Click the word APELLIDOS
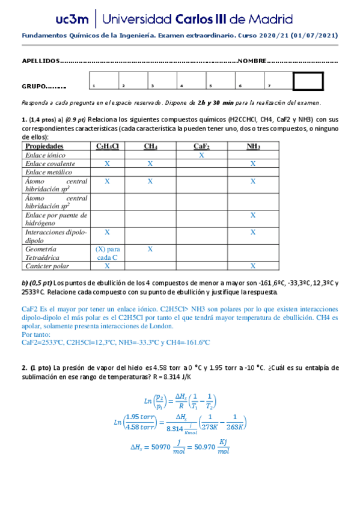click(41, 61)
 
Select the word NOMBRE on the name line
click(251, 61)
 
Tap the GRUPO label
click(36, 86)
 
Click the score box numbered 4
click(192, 81)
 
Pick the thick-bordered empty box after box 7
click(308, 81)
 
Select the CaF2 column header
click(201, 146)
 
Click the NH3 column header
click(253, 146)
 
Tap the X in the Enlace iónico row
click(201, 155)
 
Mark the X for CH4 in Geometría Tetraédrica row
click(150, 248)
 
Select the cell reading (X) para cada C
click(108, 253)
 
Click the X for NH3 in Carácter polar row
click(253, 266)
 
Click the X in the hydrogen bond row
click(253, 215)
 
